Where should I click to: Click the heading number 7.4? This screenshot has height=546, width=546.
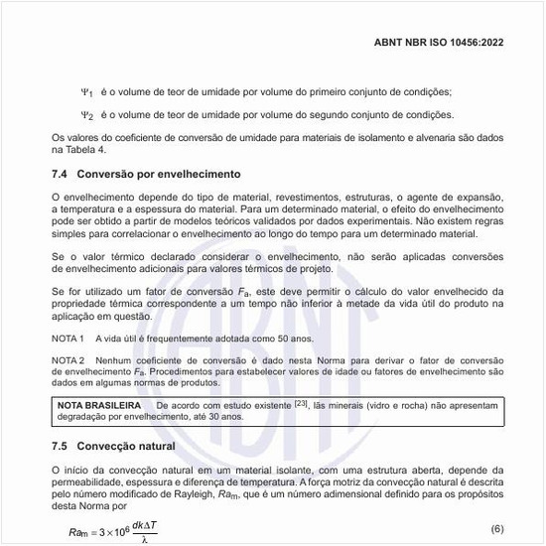[x=61, y=174]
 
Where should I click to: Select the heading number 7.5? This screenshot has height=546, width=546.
[x=61, y=447]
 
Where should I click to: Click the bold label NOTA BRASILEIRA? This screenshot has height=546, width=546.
[x=97, y=405]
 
